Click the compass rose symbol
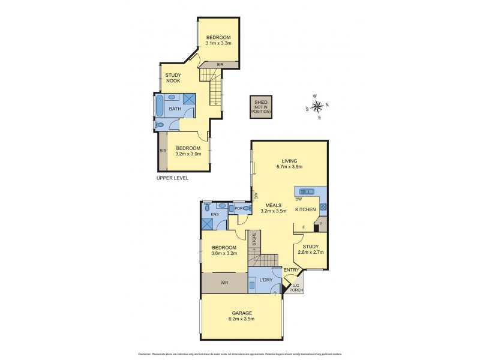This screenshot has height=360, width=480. pos(318,106)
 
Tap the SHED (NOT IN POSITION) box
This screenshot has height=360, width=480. pos(262,107)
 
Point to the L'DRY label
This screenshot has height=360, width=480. pos(265,280)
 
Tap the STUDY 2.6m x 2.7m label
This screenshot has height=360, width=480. pos(311,249)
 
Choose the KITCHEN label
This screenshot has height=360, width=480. pos(306,209)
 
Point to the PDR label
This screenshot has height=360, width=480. pos(238,209)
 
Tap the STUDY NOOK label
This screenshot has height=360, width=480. pos(173,77)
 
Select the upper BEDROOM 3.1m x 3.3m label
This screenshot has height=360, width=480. pos(218,40)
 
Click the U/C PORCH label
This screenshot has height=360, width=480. pos(296,288)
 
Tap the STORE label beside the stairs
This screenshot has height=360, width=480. pos(254,239)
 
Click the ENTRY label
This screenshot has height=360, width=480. pos(291,269)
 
